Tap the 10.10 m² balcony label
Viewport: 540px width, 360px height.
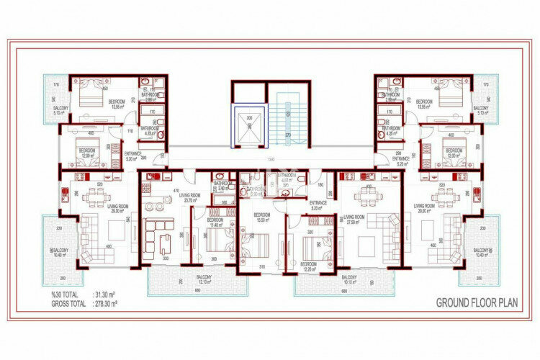(350, 279)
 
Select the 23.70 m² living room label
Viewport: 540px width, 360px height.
(190, 199)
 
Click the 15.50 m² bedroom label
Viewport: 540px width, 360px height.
(261, 217)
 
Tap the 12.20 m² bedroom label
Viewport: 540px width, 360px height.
(309, 266)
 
